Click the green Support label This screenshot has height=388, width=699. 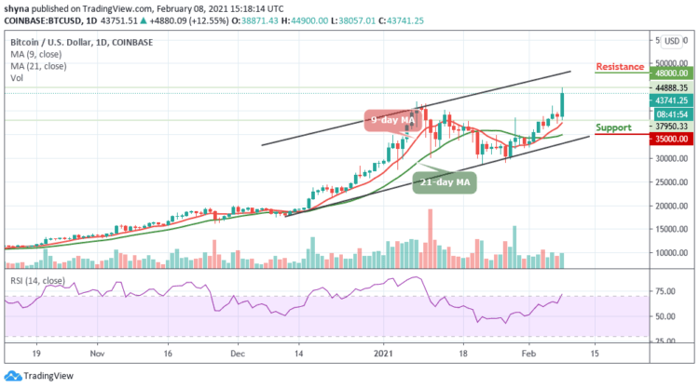pos(614,127)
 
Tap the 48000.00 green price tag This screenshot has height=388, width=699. pos(670,73)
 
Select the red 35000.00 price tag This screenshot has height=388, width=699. pos(670,139)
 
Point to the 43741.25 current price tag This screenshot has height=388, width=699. pos(670,100)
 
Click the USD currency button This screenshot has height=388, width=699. pos(672,41)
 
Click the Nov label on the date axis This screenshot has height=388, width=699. pos(96,355)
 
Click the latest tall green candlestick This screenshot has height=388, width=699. pos(562,103)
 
